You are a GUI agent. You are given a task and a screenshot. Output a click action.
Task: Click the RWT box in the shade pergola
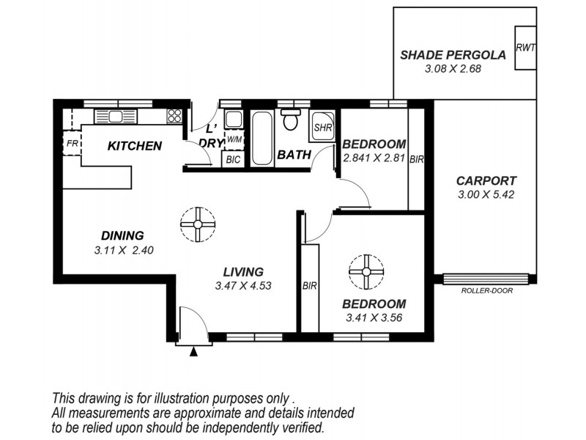(524, 48)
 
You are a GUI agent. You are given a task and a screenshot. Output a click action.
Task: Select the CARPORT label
(486, 180)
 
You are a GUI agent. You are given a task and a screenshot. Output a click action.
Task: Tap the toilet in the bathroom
(292, 120)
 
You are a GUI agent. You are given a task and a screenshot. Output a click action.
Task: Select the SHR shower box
(323, 127)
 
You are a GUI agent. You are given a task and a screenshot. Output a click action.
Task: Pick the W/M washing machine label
(234, 139)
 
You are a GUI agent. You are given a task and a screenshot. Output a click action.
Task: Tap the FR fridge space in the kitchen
(72, 144)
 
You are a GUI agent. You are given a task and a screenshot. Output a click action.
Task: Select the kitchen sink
(114, 117)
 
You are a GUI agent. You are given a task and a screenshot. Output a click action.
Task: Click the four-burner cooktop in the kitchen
(174, 115)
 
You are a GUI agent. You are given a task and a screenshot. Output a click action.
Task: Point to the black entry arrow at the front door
(193, 352)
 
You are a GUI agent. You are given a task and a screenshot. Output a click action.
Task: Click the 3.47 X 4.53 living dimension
(244, 286)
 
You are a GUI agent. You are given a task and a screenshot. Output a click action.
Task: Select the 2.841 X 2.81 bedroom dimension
(374, 158)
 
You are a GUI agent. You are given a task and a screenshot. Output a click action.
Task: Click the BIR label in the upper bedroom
(416, 158)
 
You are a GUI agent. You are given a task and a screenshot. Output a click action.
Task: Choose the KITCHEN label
(134, 146)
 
